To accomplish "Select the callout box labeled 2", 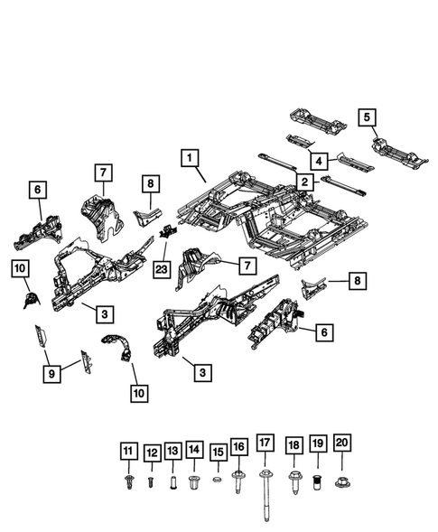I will pyautogui.click(x=305, y=182).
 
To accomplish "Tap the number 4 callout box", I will pyautogui.click(x=318, y=161).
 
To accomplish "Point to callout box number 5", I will pyautogui.click(x=367, y=117).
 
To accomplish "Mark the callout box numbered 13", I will pyautogui.click(x=172, y=450).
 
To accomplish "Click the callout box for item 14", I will pyautogui.click(x=195, y=450).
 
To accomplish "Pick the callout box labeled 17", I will pyautogui.click(x=265, y=443).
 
